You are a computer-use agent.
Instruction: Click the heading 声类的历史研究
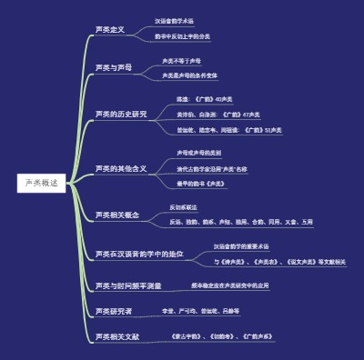120,114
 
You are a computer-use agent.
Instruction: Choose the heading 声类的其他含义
120,169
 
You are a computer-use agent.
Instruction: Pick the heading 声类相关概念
116,215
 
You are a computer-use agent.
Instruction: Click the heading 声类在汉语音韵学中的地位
138,254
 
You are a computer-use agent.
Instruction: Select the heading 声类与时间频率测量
127,285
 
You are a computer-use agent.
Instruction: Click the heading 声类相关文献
116,337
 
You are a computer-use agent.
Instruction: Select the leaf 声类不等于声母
181,61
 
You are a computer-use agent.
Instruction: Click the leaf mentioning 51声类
228,130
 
